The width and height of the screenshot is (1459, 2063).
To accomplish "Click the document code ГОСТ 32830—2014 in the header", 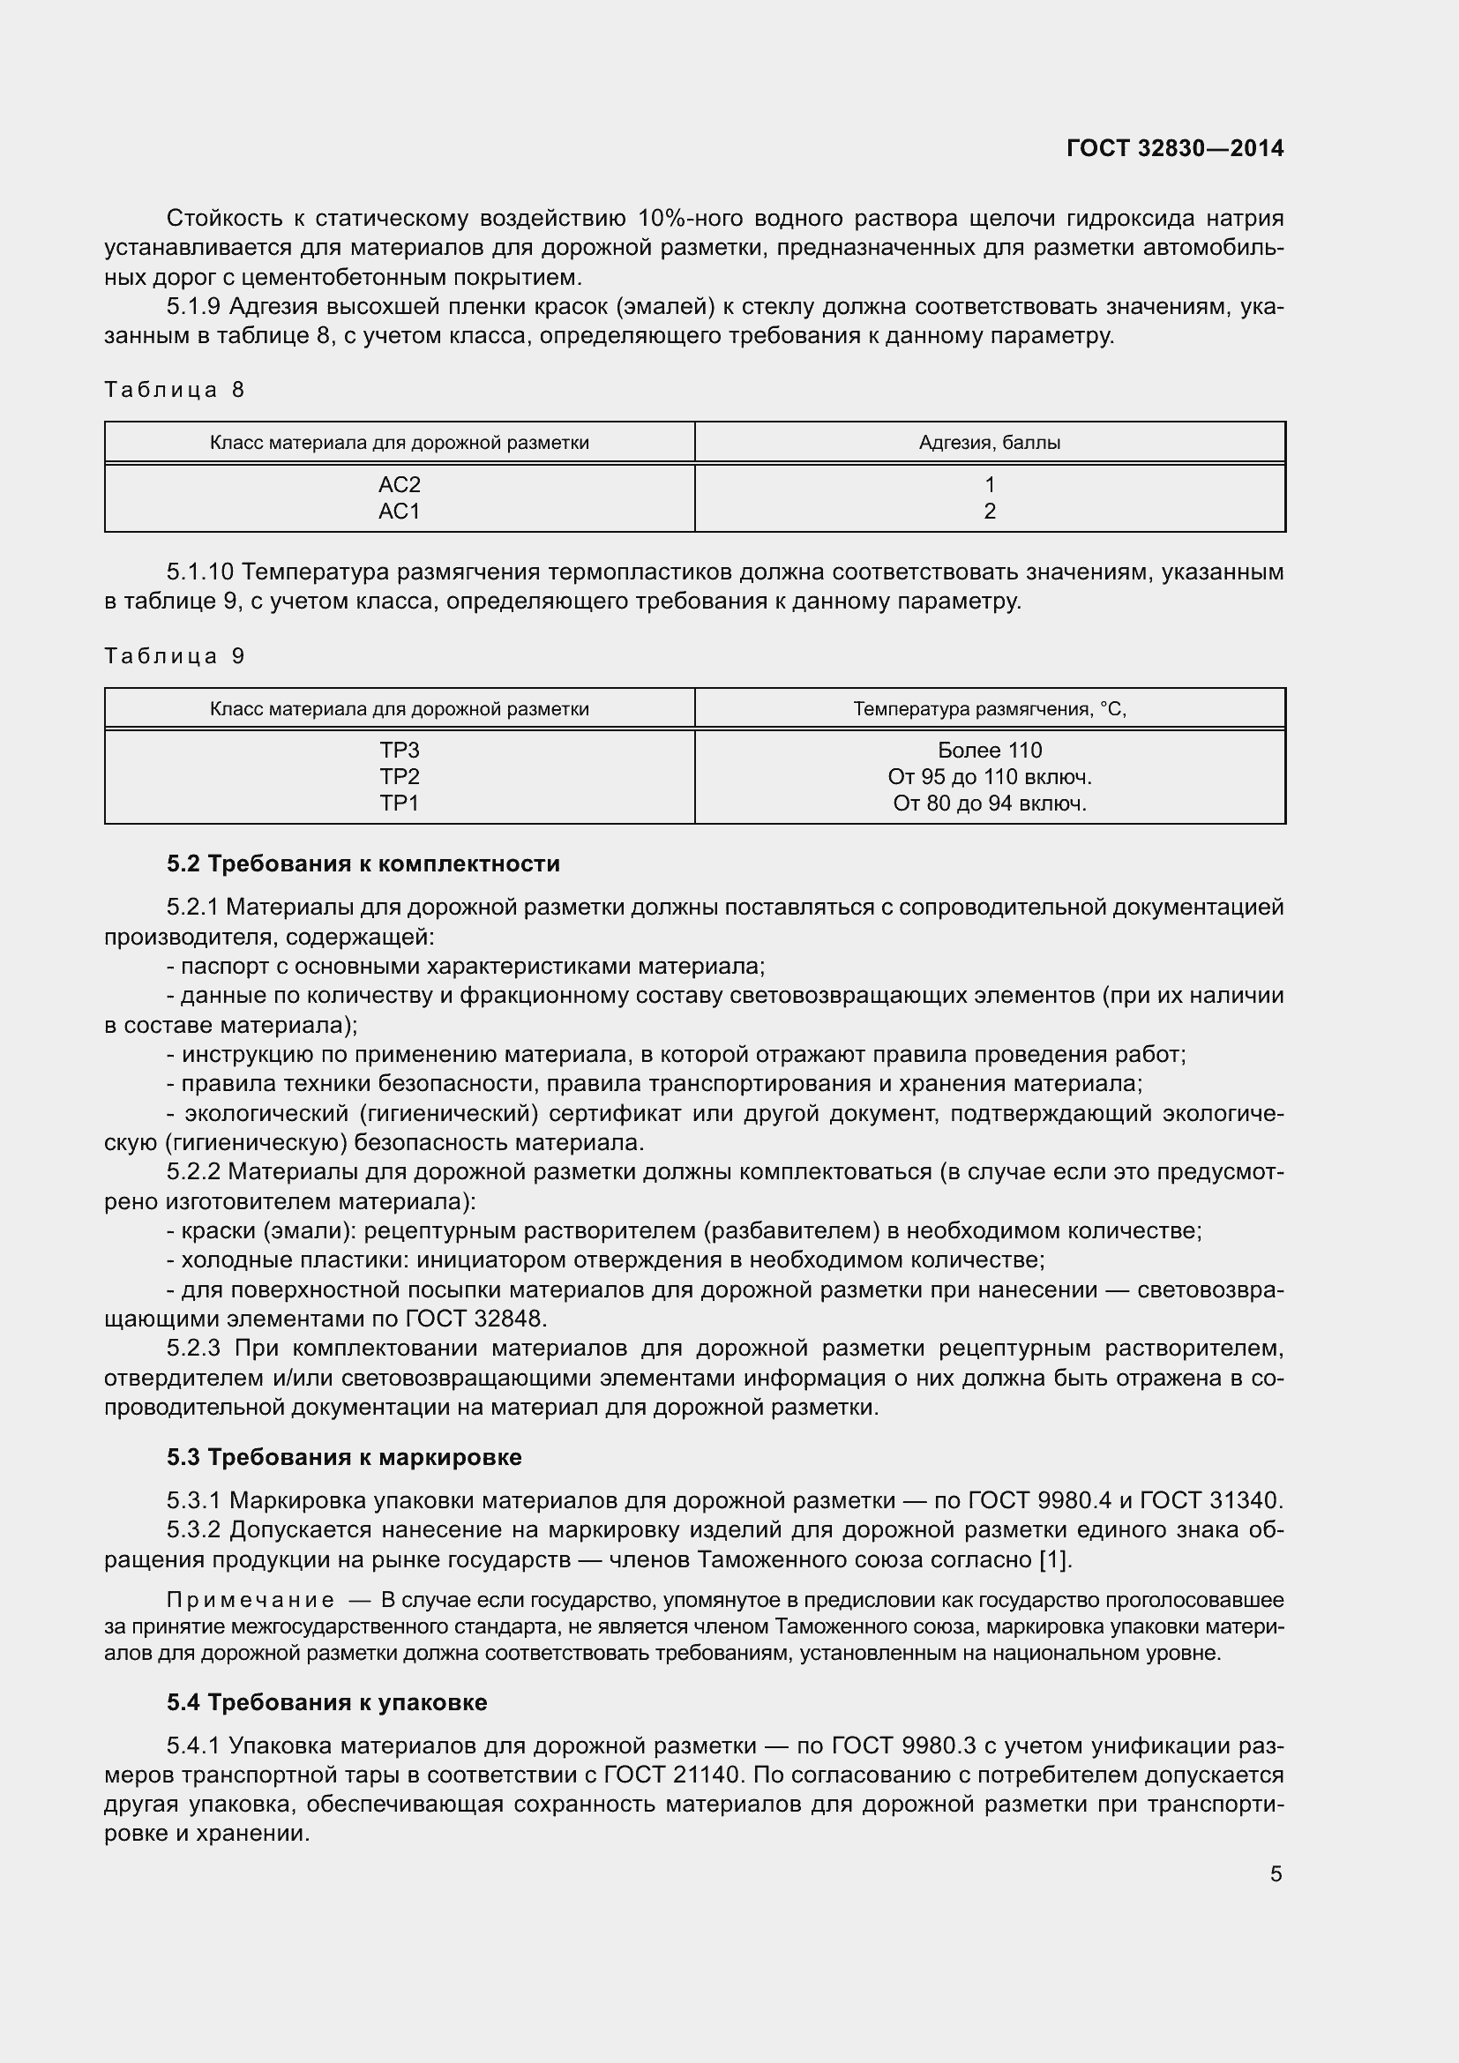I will [1174, 148].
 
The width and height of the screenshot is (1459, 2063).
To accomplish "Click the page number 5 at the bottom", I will [1276, 1873].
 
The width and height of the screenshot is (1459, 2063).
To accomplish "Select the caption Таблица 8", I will [175, 389].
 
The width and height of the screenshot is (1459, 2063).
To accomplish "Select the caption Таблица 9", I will [175, 656].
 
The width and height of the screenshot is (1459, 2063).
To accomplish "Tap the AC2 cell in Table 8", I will [399, 484].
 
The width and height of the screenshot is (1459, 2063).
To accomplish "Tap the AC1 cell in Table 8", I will [399, 512].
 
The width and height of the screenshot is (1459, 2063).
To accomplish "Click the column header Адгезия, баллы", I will [989, 442].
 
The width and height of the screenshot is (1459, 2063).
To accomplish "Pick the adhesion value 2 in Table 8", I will [989, 512].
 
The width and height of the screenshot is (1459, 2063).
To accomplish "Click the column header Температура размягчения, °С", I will [989, 709].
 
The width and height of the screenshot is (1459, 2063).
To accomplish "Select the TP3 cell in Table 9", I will [399, 751].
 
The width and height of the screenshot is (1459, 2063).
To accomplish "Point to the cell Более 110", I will [989, 751].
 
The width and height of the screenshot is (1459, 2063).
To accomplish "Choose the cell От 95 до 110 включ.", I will [989, 776].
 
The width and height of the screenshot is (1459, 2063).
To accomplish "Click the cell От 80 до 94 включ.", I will [989, 804].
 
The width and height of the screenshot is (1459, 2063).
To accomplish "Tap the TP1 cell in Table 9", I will [399, 804].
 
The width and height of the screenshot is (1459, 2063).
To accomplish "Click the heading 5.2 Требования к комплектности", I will [363, 863].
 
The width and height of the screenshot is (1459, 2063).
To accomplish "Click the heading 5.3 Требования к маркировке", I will [344, 1456].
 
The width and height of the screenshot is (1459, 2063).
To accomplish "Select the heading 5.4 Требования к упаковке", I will [327, 1701].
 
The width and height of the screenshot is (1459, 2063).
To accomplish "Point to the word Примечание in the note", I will [251, 1599].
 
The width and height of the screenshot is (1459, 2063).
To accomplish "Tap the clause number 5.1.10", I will [199, 572].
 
